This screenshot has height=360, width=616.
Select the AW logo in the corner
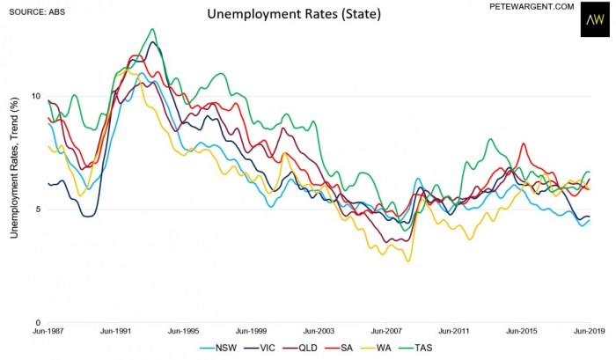593,19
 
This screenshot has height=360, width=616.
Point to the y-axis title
14,165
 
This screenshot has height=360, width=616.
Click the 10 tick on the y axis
36,96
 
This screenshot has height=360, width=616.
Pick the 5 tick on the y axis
36,209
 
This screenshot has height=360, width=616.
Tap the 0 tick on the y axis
36,322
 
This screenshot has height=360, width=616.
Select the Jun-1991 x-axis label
115,332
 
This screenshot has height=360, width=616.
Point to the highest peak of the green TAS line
153,29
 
